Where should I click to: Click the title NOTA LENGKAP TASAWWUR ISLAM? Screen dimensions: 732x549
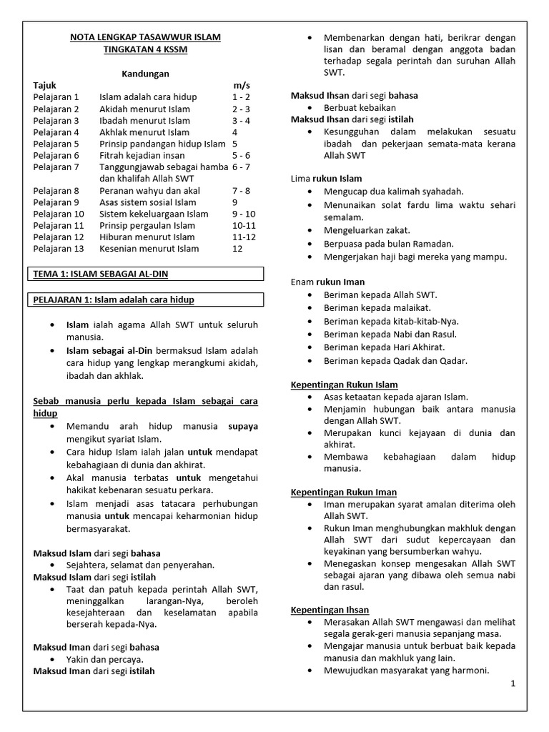(x=145, y=38)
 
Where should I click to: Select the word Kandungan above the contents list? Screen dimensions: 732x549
(x=145, y=74)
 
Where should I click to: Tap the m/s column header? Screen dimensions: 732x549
(x=242, y=85)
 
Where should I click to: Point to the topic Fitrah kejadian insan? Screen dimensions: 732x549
(x=142, y=155)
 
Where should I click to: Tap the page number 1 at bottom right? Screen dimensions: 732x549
(x=513, y=684)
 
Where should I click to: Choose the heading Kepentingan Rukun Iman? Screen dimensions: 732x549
(x=343, y=493)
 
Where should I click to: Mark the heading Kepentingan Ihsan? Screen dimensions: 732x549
(x=330, y=610)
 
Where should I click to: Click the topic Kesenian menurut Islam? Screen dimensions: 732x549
(x=149, y=249)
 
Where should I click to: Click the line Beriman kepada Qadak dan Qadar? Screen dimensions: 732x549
(x=395, y=361)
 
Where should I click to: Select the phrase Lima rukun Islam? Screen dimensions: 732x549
(x=327, y=179)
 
